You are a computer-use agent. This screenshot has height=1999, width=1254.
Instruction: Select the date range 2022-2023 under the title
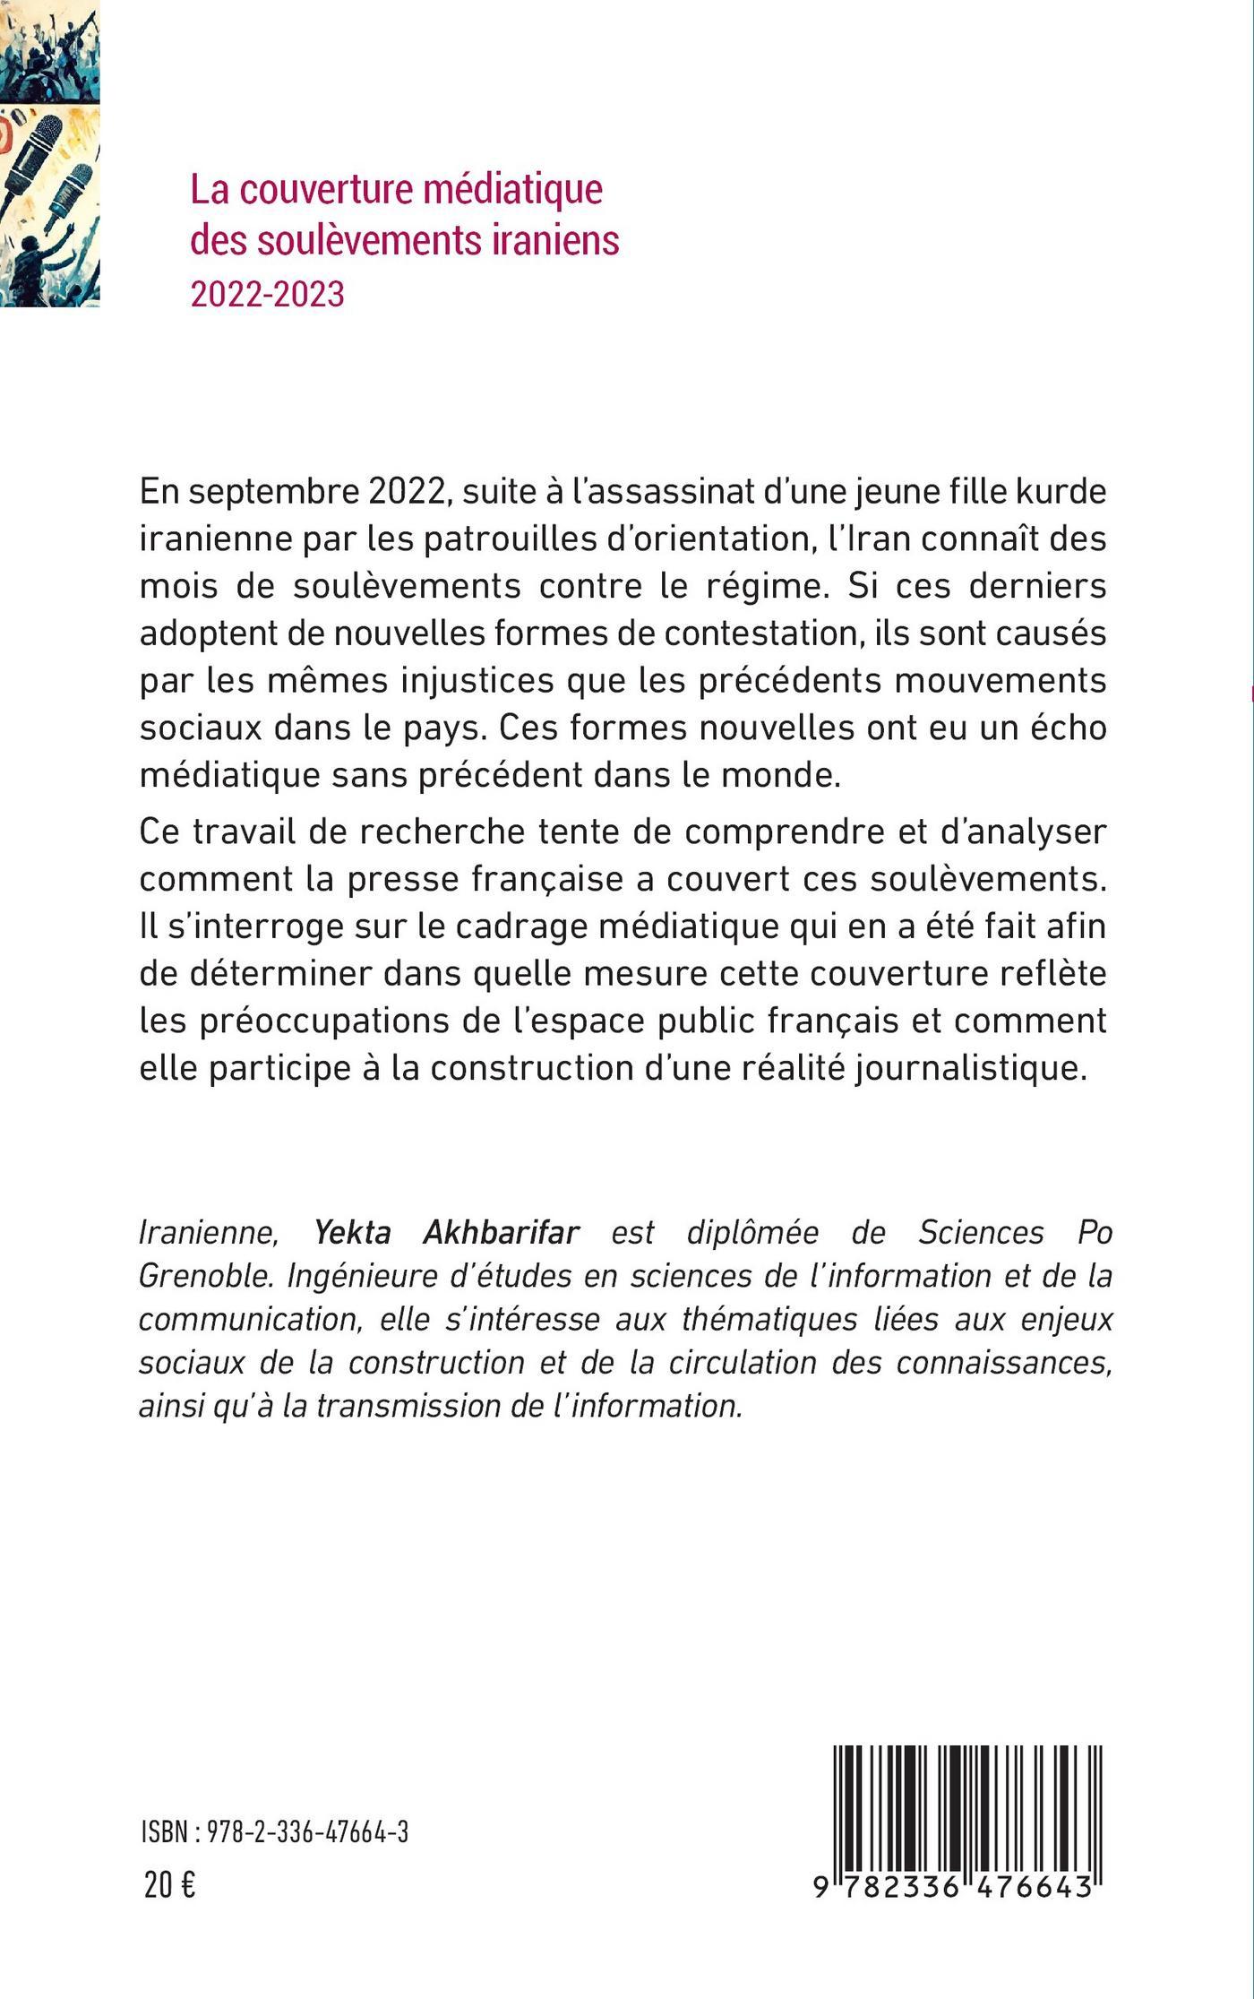pyautogui.click(x=267, y=293)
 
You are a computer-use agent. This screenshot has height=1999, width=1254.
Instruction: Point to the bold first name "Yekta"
pyautogui.click(x=353, y=1232)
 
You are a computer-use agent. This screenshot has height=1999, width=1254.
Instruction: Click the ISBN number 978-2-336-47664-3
pyautogui.click(x=308, y=1832)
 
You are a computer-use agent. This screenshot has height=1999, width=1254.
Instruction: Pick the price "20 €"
pyautogui.click(x=169, y=1885)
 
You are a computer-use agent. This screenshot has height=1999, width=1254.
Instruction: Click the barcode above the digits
pyautogui.click(x=967, y=1802)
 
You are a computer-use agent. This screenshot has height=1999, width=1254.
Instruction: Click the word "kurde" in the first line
pyautogui.click(x=1063, y=492)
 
